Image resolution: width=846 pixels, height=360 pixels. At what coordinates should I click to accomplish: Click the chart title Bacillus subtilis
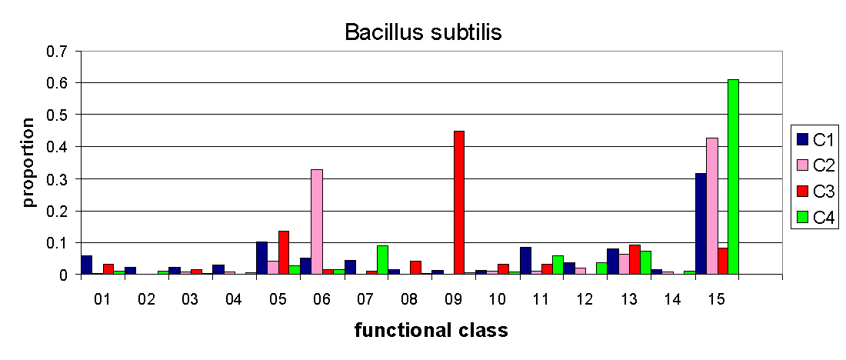coord(424,32)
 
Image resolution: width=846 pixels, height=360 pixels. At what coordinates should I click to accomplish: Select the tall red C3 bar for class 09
coord(459,203)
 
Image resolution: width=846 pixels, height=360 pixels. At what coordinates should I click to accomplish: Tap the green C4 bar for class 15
coord(733,177)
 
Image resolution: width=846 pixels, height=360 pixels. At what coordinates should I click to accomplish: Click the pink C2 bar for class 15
coord(711,207)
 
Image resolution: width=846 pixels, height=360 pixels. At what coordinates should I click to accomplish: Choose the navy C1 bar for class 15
coord(701,224)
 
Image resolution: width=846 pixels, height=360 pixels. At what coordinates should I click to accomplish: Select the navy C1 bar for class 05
coord(261,258)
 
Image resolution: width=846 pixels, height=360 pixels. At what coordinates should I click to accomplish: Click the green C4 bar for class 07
coord(382,260)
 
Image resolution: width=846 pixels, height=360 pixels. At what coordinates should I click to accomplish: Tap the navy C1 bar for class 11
coord(525,262)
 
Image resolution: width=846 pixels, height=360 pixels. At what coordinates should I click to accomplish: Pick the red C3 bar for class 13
coord(635,260)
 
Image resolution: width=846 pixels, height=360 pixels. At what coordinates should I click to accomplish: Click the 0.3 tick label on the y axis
coord(61,179)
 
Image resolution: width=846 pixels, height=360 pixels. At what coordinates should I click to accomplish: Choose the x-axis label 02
coord(145,298)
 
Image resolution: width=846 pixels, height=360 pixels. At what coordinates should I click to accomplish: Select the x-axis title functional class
coord(431,330)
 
